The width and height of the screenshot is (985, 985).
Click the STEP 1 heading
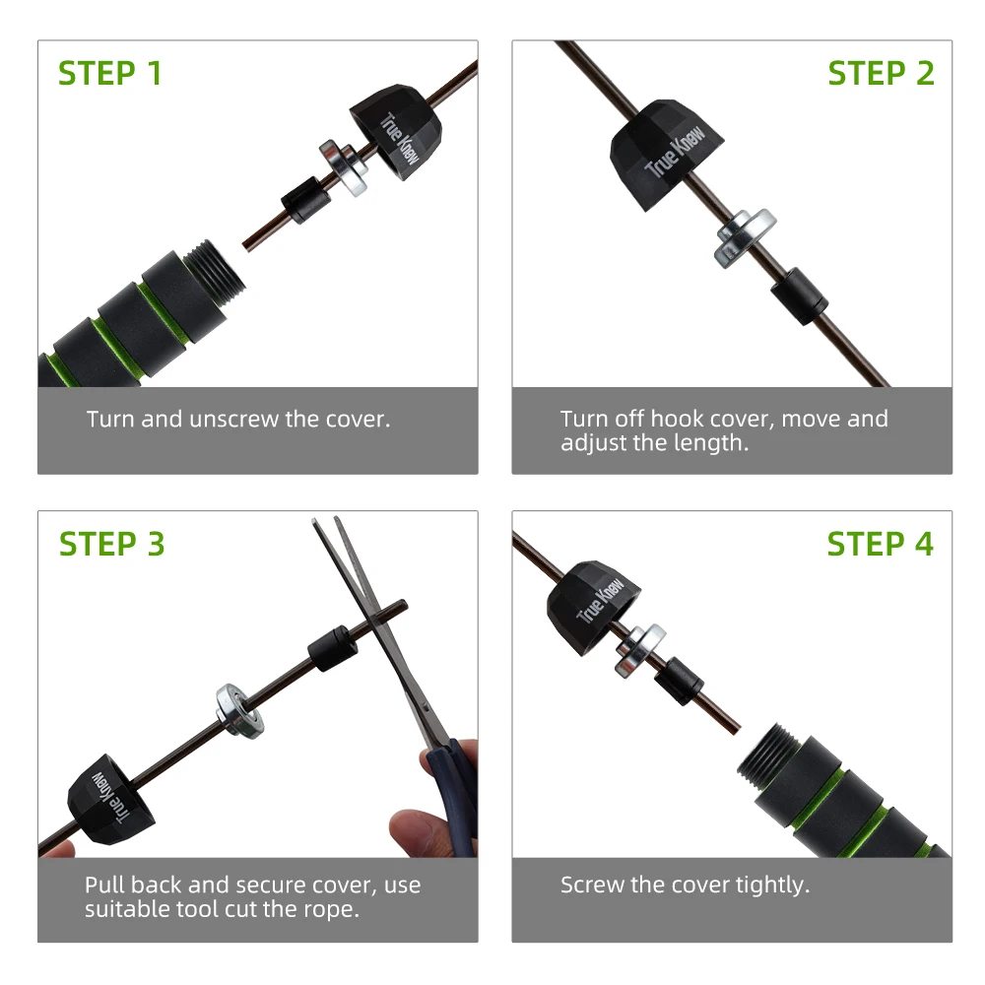pyautogui.click(x=110, y=73)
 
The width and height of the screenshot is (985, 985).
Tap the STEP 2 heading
pyautogui.click(x=881, y=73)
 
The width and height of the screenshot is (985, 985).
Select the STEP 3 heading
pyautogui.click(x=112, y=544)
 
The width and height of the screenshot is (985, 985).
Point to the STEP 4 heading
pyautogui.click(x=880, y=544)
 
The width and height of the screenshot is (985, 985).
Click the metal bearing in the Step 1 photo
pyautogui.click(x=344, y=168)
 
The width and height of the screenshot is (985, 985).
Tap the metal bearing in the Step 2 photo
pyautogui.click(x=745, y=237)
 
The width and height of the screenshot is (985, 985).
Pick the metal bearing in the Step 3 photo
pyautogui.click(x=239, y=710)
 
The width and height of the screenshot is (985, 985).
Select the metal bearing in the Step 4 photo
pyautogui.click(x=640, y=650)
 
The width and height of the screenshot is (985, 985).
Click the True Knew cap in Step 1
pyautogui.click(x=396, y=131)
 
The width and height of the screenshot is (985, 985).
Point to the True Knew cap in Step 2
pyautogui.click(x=666, y=154)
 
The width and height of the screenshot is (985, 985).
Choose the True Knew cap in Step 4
pyautogui.click(x=594, y=607)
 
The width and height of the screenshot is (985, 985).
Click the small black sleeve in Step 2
pyautogui.click(x=799, y=295)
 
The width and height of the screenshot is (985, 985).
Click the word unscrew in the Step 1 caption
pyautogui.click(x=233, y=419)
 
